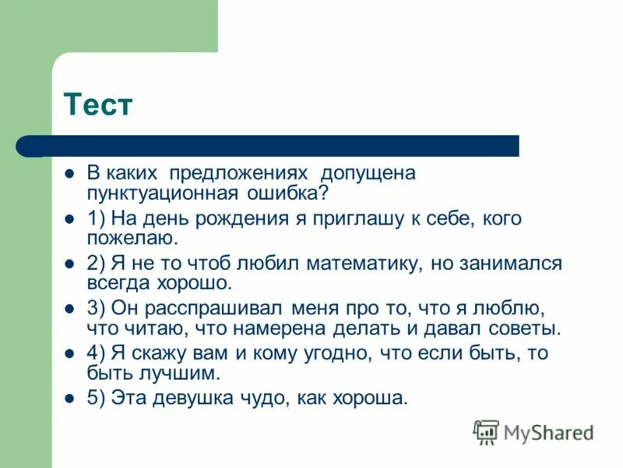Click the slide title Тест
pos(98,105)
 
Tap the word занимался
pos(512,264)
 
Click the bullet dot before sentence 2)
pos(70,264)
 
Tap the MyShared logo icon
pos(487,431)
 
